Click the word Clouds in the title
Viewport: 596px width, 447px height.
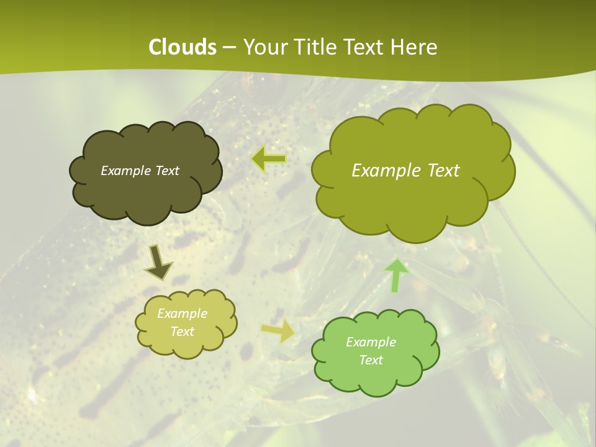(x=182, y=47)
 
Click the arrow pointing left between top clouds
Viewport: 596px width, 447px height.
(x=269, y=159)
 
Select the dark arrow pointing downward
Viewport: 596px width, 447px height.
(x=158, y=261)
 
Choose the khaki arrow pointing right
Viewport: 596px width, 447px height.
(x=278, y=331)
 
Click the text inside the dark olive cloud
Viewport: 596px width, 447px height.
(x=140, y=171)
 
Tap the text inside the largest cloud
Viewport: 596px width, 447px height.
(x=405, y=171)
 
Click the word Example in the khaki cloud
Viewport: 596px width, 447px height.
(x=182, y=314)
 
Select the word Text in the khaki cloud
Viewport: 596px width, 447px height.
(x=182, y=332)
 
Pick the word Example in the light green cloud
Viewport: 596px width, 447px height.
(x=371, y=342)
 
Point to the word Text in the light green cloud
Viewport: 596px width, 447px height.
(x=371, y=360)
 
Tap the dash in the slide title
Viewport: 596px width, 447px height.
(x=228, y=47)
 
